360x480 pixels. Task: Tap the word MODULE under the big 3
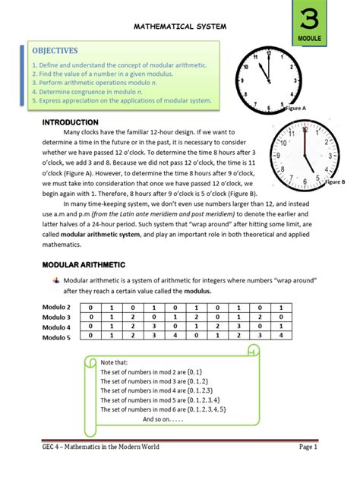coord(311,37)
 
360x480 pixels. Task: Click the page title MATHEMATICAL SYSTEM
coord(180,27)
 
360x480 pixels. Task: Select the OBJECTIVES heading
coord(55,51)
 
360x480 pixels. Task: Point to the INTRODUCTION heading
coord(69,122)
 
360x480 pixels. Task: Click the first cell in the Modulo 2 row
coord(90,306)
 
